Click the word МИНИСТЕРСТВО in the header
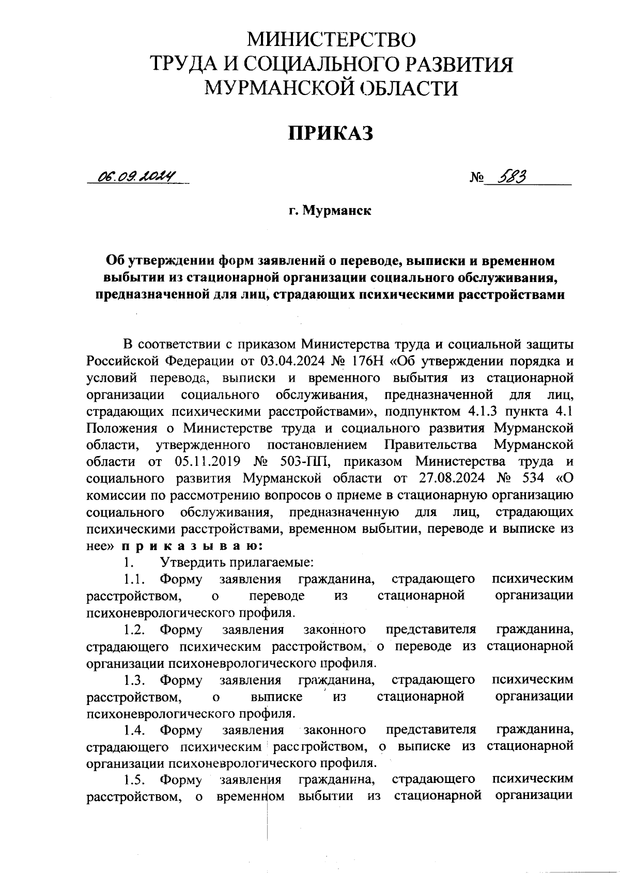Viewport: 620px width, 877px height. click(x=331, y=40)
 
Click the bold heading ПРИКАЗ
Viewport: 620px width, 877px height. click(x=330, y=133)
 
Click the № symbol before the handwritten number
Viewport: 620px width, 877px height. click(x=476, y=179)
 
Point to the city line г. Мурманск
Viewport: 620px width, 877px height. click(x=330, y=211)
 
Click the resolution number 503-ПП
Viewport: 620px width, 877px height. click(x=297, y=461)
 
